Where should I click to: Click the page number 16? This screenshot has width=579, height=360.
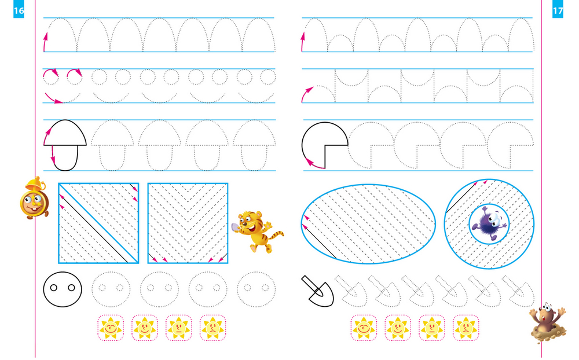click(19, 11)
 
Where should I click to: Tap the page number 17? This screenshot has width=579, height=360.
click(558, 11)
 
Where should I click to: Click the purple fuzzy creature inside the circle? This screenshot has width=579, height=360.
click(490, 223)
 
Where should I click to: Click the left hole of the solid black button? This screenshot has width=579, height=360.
click(53, 288)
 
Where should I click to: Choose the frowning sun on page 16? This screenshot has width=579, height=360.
click(212, 328)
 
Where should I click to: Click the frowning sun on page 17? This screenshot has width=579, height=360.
click(466, 328)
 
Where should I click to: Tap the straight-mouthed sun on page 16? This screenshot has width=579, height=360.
click(179, 328)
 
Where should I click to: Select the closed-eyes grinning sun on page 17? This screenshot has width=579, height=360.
click(364, 328)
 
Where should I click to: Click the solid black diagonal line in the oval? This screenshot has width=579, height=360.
click(319, 241)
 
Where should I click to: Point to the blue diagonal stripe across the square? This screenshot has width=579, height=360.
click(98, 223)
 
